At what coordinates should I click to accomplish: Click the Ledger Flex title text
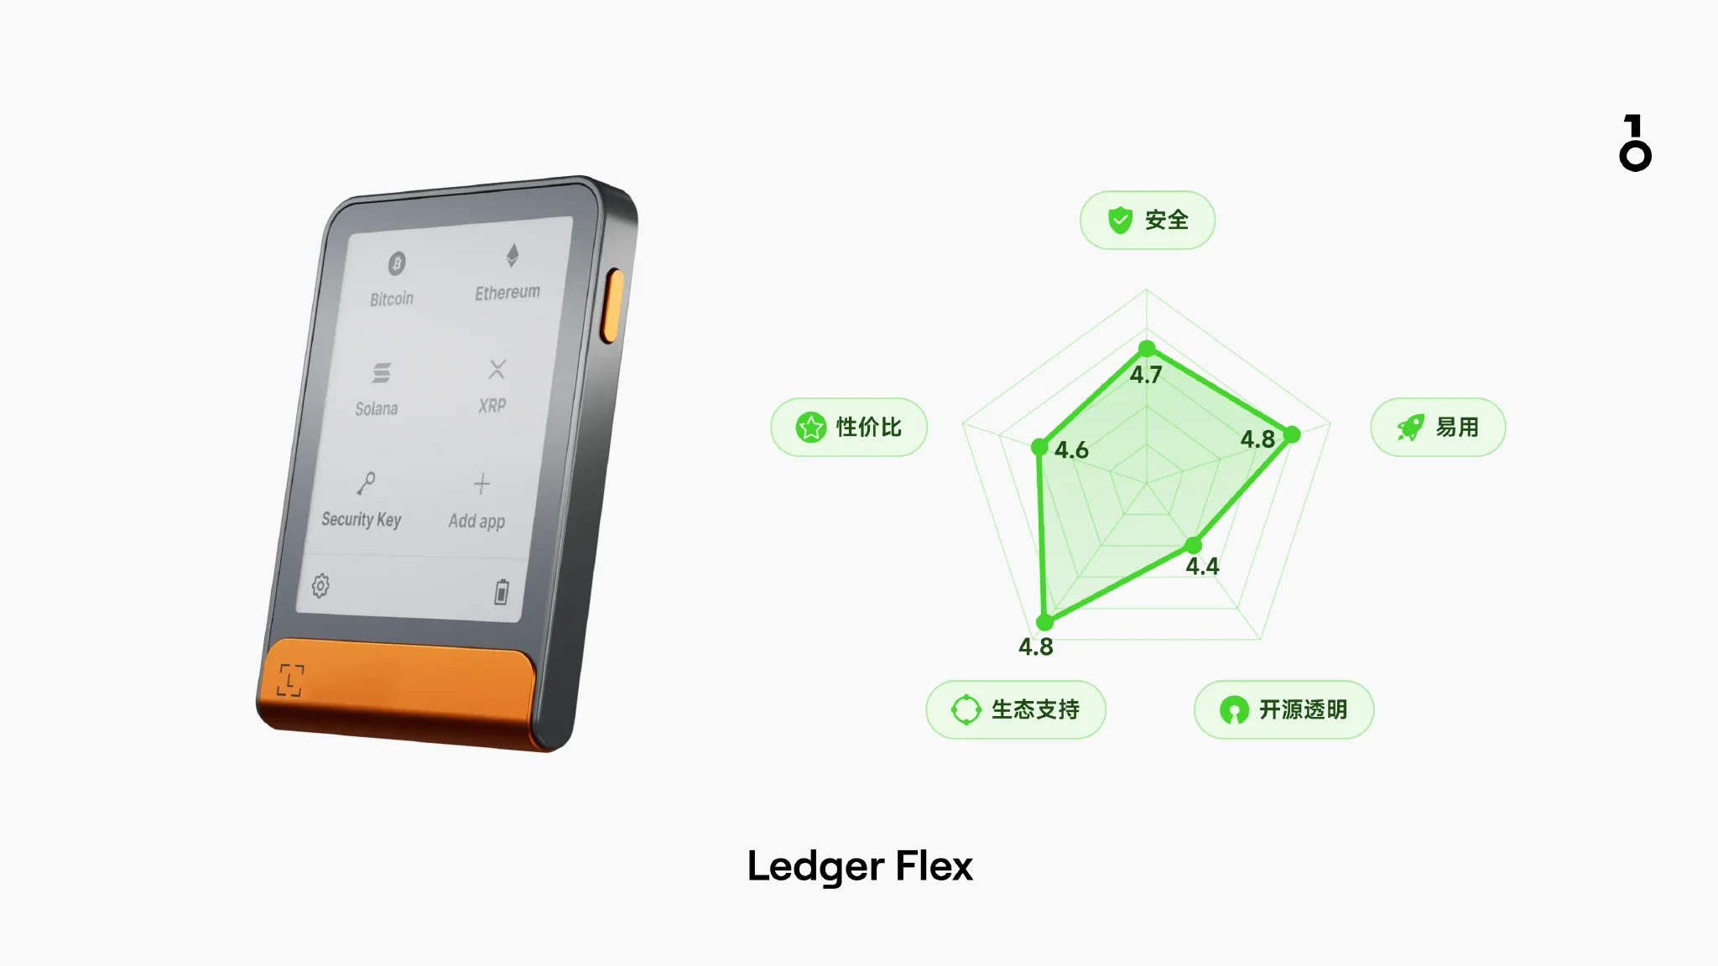(860, 866)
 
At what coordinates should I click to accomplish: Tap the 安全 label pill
(1147, 220)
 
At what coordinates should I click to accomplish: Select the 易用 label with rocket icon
(1438, 427)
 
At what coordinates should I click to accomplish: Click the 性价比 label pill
(849, 427)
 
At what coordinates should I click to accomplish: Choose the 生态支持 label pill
(1015, 709)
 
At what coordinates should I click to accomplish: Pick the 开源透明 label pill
(1283, 709)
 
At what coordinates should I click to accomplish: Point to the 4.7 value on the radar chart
(1146, 375)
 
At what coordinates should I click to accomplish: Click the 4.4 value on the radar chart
(1202, 567)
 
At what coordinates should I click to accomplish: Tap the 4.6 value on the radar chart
(1071, 450)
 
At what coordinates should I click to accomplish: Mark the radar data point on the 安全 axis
(1147, 348)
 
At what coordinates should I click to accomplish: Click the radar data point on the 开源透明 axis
(1194, 546)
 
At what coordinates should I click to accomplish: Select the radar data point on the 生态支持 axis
(1044, 622)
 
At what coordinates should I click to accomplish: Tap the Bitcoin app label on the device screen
(392, 299)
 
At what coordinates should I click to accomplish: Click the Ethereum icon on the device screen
(512, 255)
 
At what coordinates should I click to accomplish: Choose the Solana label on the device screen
(376, 408)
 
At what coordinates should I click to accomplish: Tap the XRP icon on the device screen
(497, 369)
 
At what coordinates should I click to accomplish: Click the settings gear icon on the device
(320, 585)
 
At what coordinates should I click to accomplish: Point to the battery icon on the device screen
(501, 591)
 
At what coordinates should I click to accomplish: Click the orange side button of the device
(613, 306)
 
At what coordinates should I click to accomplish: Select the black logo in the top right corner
(1635, 143)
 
